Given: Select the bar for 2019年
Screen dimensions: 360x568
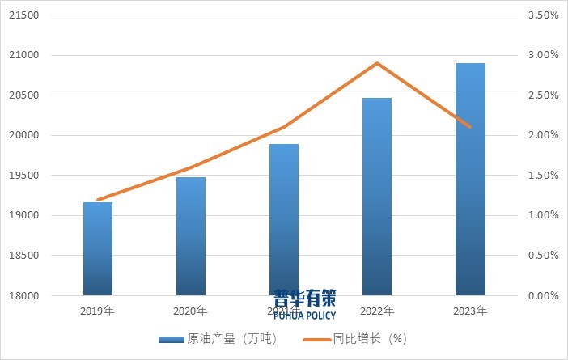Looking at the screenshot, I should click(98, 248).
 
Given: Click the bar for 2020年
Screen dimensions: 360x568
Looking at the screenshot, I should click(191, 236).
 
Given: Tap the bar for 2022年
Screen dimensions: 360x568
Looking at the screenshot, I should click(377, 197).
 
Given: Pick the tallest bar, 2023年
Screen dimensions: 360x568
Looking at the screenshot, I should click(470, 179).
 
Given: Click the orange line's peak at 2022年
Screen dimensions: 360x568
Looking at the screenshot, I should click(377, 63).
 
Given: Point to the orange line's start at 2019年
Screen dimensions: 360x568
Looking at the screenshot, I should click(98, 200).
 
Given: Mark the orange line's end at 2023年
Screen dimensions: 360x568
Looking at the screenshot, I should click(470, 127).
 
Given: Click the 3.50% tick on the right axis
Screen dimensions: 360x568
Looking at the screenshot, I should click(543, 15).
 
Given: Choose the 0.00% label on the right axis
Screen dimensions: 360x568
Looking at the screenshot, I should click(543, 295).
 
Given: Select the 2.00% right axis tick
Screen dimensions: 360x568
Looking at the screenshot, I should click(543, 135).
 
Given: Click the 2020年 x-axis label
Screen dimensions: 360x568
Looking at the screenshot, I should click(191, 311).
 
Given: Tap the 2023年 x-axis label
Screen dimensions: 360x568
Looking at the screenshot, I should click(470, 311).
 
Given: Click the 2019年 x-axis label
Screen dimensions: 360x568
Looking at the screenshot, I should click(98, 311).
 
